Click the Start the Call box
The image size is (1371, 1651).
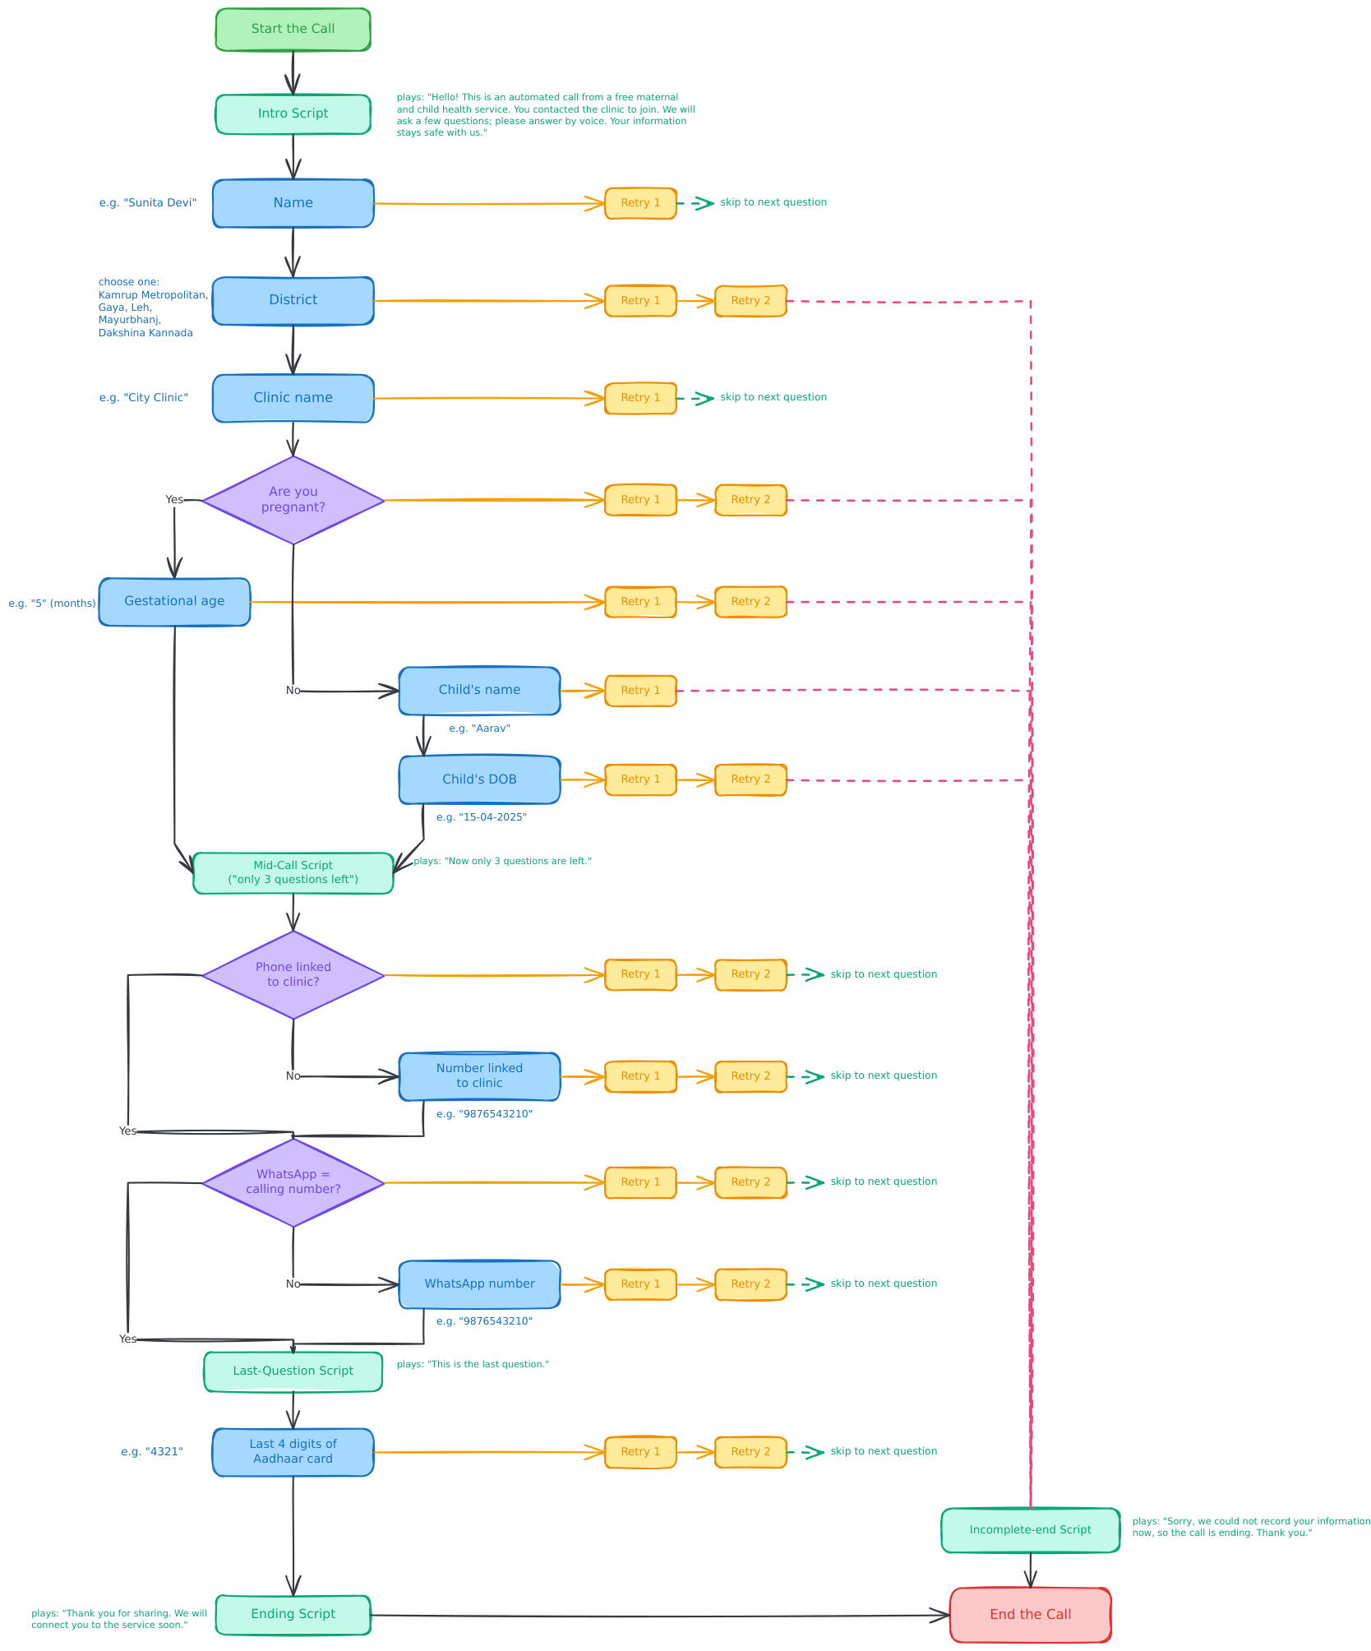point(293,30)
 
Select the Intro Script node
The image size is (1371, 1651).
point(293,113)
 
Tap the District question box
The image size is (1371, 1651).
point(293,301)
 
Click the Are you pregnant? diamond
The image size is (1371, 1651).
point(293,500)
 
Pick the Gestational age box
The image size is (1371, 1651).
point(174,602)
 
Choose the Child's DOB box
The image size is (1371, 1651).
point(479,779)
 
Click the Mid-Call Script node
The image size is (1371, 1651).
point(293,873)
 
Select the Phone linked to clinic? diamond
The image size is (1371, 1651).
point(293,975)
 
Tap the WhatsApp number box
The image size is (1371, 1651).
point(479,1284)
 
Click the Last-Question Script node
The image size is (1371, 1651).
point(293,1371)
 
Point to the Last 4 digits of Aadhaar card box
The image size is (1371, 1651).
point(293,1452)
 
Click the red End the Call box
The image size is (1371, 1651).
point(1030,1615)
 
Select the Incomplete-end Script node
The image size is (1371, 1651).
point(1030,1530)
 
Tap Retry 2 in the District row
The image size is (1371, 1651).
point(750,301)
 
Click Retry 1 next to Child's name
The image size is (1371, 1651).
point(640,691)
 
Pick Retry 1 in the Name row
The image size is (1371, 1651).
point(640,203)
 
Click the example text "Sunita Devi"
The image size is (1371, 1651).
point(148,203)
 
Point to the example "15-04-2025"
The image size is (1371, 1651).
point(482,817)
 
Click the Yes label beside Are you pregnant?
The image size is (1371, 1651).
point(174,500)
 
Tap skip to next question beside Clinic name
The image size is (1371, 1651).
point(773,397)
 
